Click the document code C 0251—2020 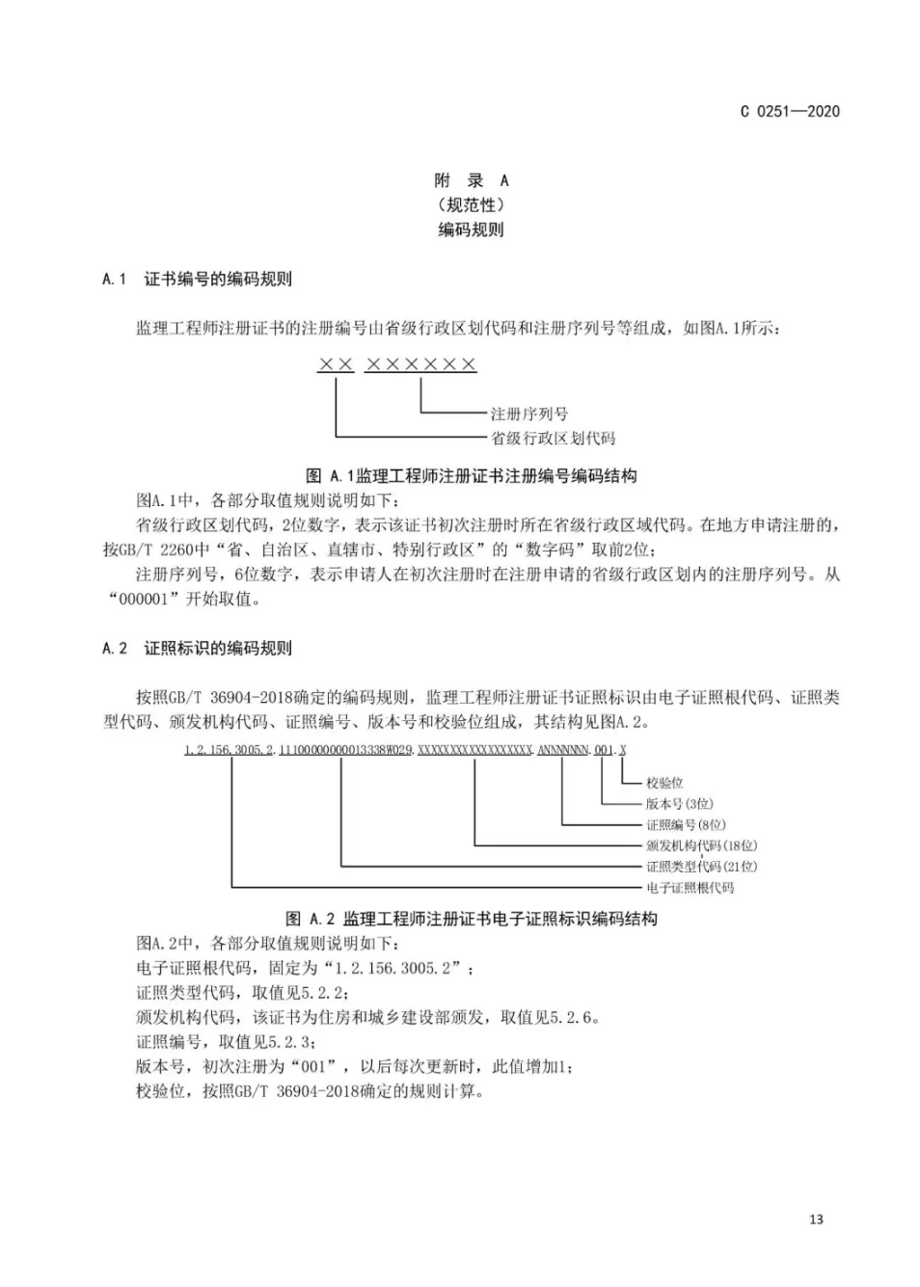[789, 111]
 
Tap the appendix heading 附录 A [471, 180]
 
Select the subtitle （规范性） [471, 204]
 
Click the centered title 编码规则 [471, 229]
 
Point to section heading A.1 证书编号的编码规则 [197, 280]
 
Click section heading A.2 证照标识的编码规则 [197, 648]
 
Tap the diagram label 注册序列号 [528, 414]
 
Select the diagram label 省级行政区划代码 [553, 439]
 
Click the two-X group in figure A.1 [336, 364]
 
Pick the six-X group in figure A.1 [420, 364]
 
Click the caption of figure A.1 [471, 475]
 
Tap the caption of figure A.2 [471, 919]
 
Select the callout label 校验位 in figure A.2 [664, 783]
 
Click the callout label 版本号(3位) [680, 804]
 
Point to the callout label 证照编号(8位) [686, 825]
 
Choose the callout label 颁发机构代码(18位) [701, 845]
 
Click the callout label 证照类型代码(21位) [701, 867]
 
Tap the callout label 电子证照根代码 [690, 888]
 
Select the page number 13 [816, 1220]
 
